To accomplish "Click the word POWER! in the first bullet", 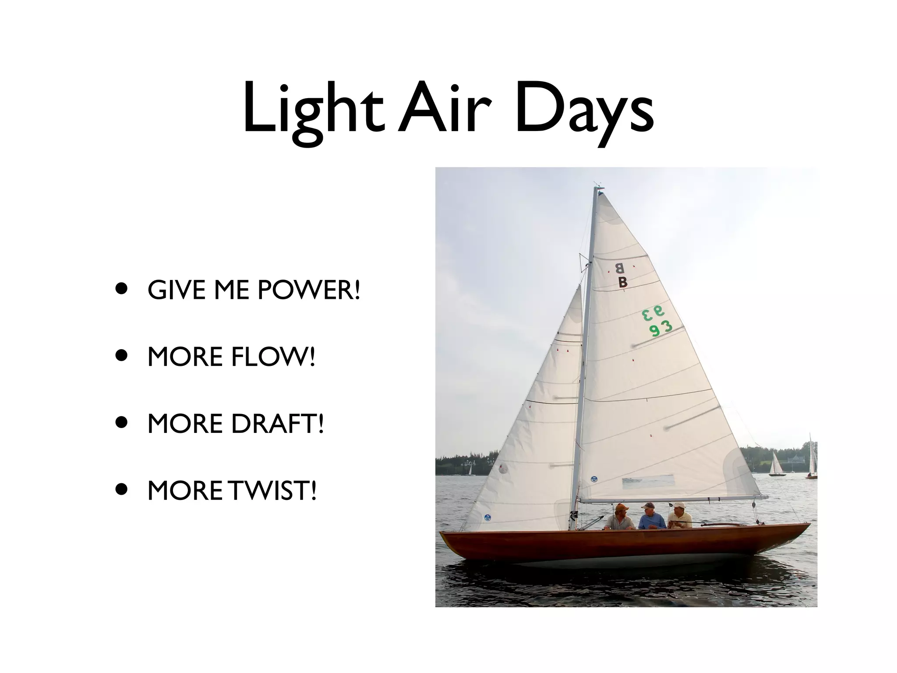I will point(309,290).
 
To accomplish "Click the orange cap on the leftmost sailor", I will point(621,507).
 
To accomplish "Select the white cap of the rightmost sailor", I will point(678,505).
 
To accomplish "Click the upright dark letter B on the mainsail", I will point(623,283).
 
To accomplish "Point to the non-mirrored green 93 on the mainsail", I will point(660,328).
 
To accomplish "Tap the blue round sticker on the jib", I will point(487,517).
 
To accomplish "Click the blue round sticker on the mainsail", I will point(594,479).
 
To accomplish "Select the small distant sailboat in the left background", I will point(470,471).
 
